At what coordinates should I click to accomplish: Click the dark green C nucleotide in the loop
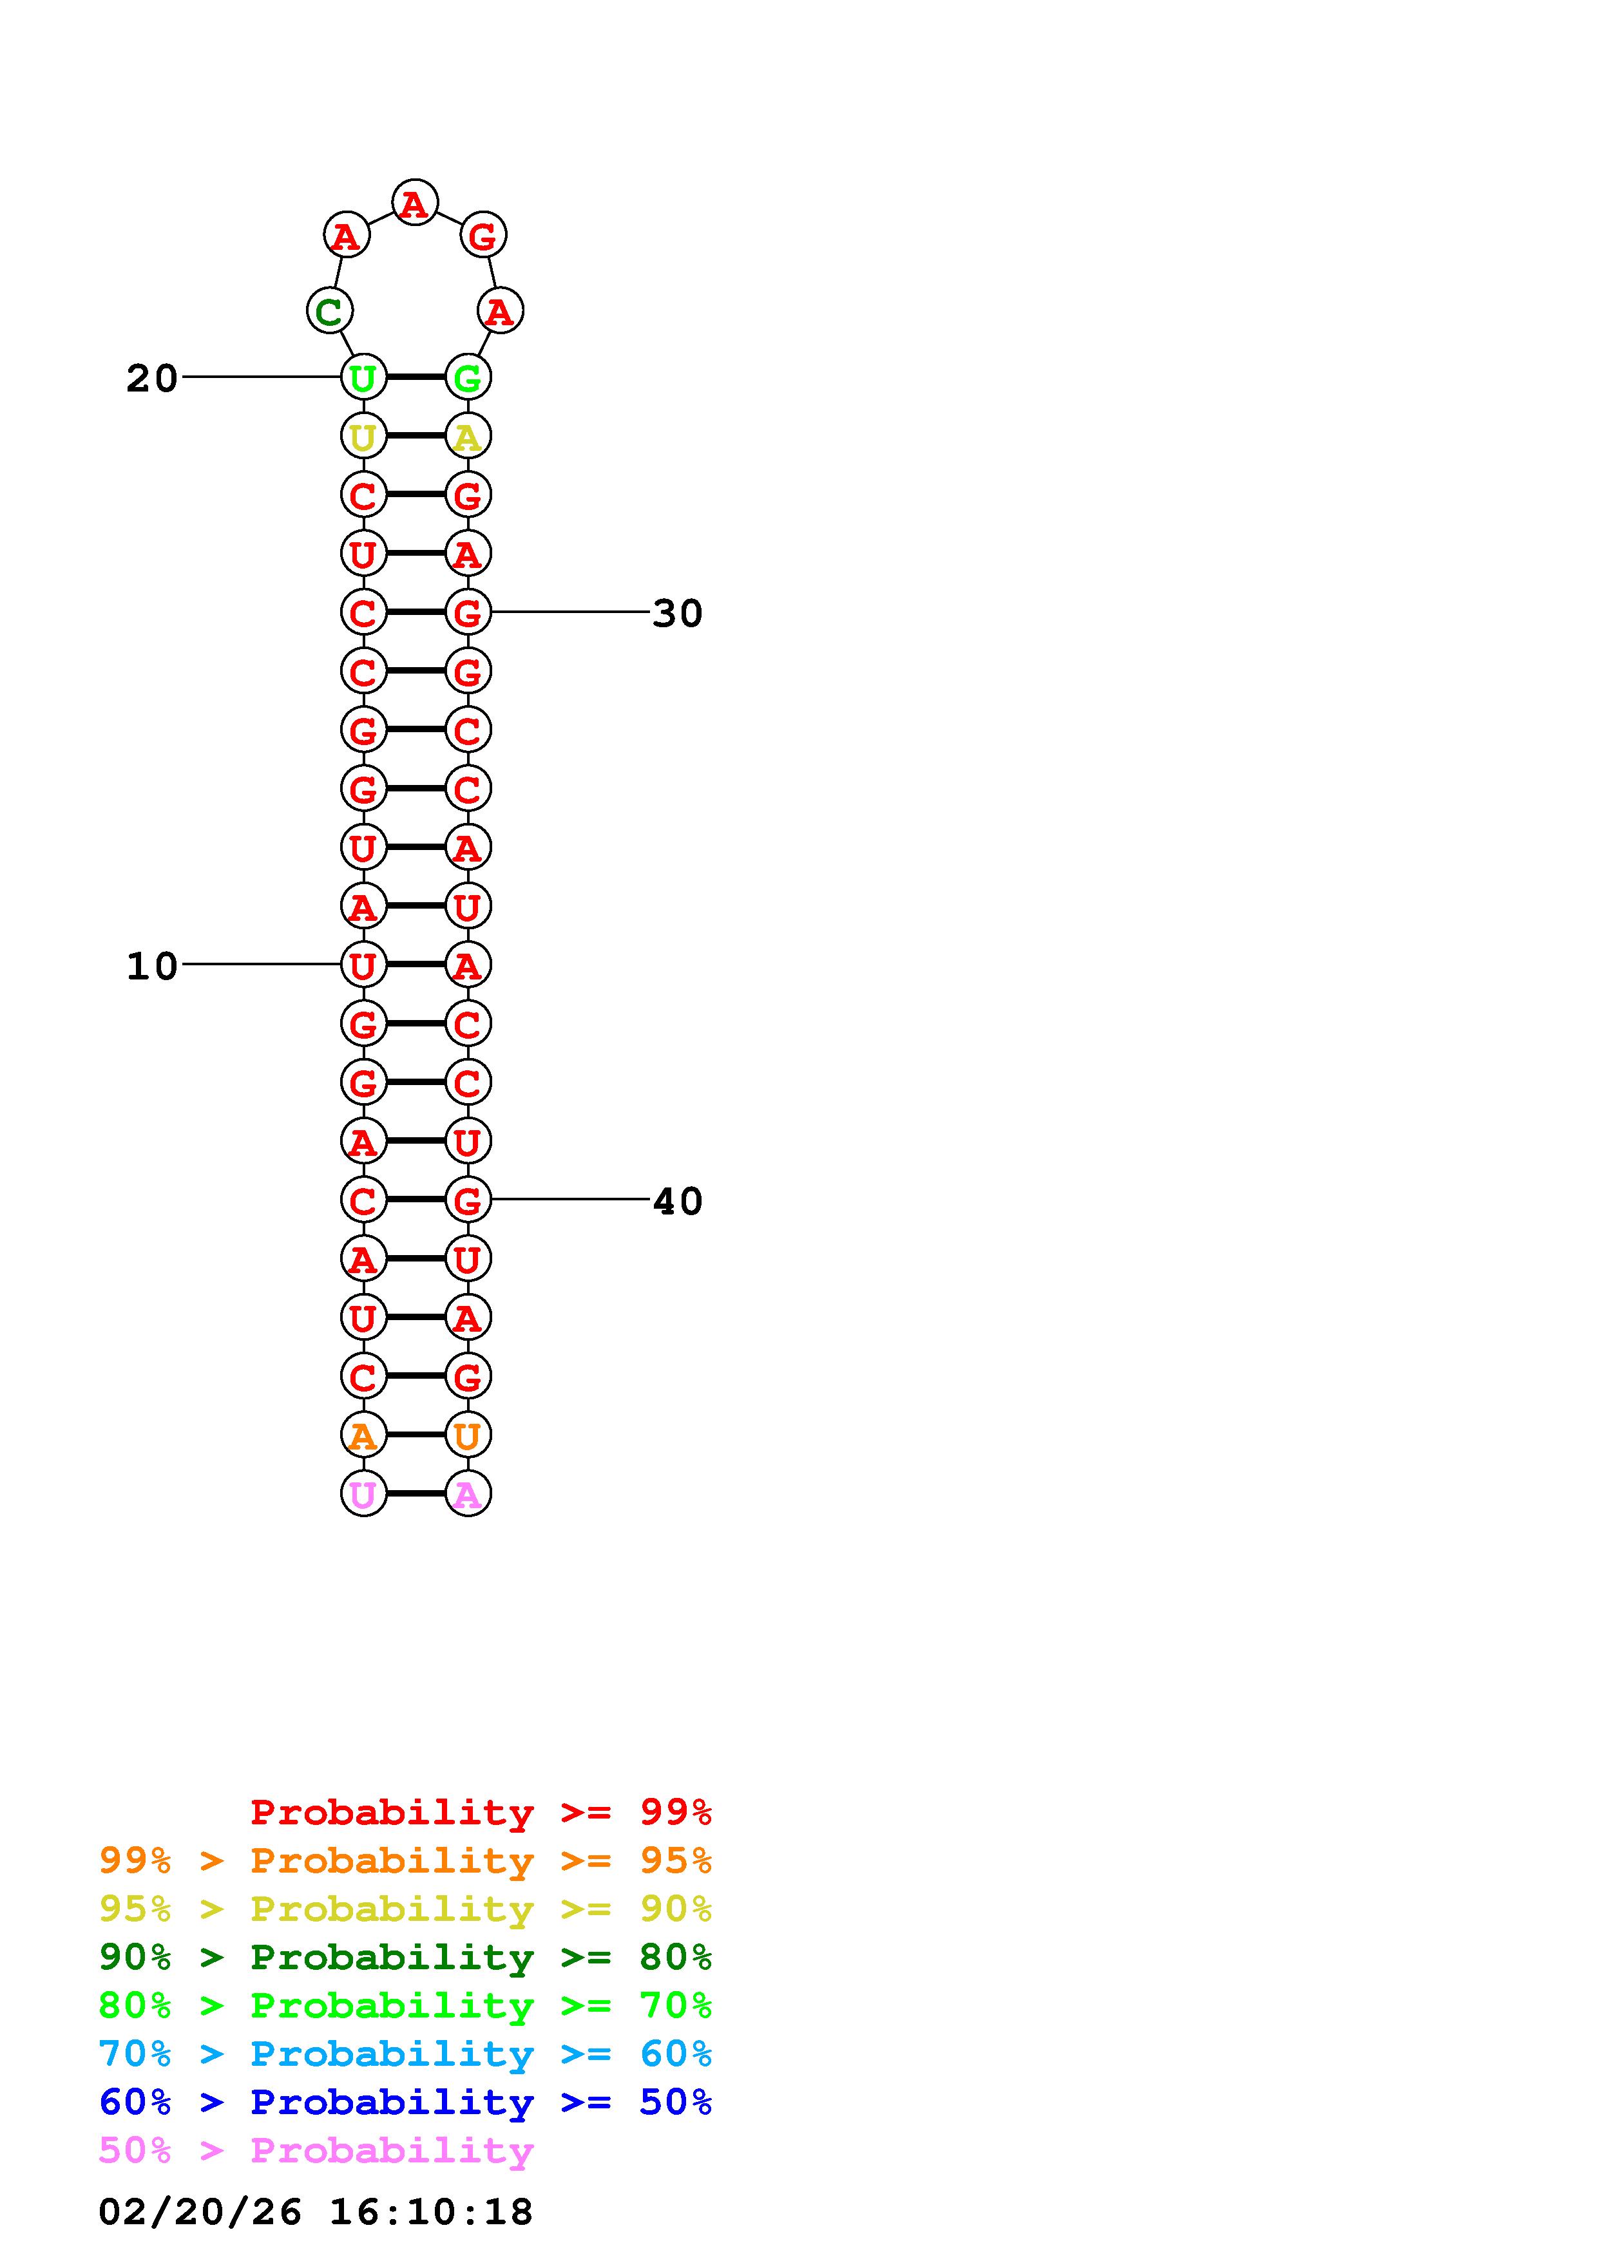coord(329,311)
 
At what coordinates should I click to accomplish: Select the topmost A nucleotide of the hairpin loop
coord(414,203)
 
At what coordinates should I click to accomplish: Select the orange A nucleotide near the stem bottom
coord(363,1435)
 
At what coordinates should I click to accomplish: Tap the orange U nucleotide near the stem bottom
coord(468,1435)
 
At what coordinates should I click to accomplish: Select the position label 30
coord(677,614)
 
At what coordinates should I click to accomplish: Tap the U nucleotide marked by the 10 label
coord(363,965)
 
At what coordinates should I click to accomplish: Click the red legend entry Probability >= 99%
coord(480,1812)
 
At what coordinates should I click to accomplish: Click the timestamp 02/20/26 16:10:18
coord(315,2212)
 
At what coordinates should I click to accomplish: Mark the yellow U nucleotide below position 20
coord(363,436)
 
